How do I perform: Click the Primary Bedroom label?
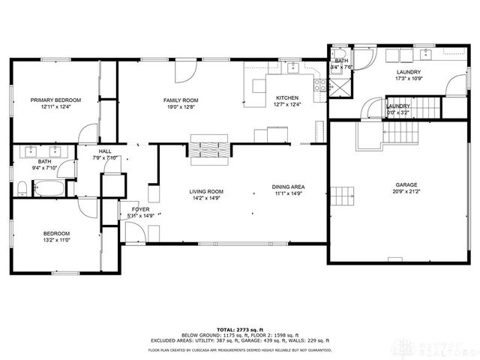coord(55,100)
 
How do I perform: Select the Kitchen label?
coord(287,98)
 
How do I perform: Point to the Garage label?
coord(406,184)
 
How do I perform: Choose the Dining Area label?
coord(288,187)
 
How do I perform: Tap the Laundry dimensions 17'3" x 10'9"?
coord(409,78)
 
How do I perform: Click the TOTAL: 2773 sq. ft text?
coord(239,329)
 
